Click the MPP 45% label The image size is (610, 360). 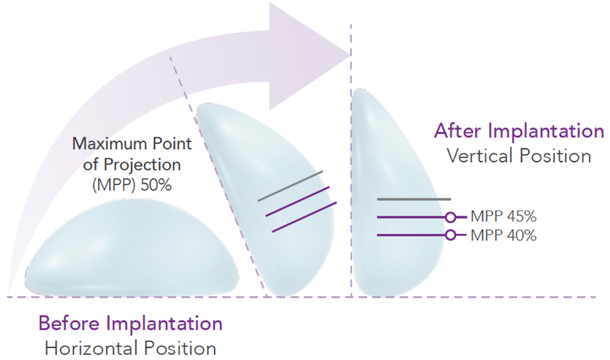503,217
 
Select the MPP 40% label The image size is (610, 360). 503,235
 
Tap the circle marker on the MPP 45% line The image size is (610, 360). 450,217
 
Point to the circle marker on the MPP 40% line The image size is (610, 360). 450,235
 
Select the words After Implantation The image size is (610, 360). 519,131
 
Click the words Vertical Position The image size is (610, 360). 519,156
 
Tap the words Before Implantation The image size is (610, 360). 130,323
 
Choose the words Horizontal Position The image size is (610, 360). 130,349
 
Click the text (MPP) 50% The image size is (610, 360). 132,185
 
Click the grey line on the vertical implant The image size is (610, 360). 414,199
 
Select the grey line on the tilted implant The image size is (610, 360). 290,186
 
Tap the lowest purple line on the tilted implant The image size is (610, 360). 304,217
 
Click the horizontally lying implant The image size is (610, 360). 131,247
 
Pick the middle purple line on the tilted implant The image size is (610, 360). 297,202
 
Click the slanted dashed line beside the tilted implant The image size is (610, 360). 218,176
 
